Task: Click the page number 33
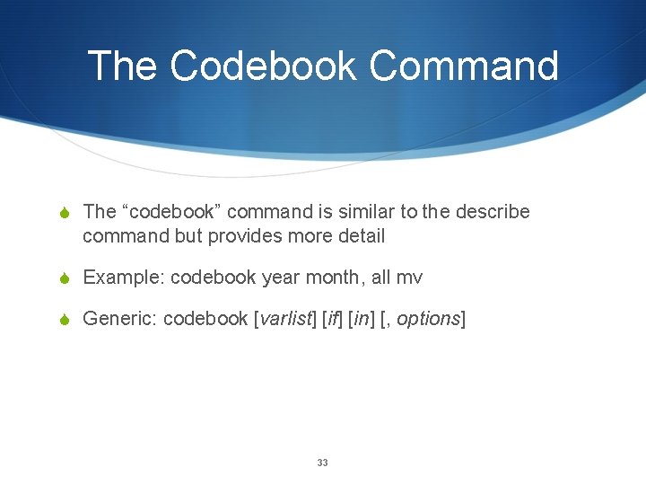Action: click(x=323, y=463)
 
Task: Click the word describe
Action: click(x=493, y=212)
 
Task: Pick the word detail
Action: click(x=360, y=236)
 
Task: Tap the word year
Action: click(x=280, y=278)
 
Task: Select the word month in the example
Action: click(x=334, y=278)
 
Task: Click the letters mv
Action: click(x=410, y=278)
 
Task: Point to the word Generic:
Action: click(x=120, y=319)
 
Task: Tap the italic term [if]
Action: click(x=331, y=319)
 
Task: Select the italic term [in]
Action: click(x=361, y=319)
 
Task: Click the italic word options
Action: click(x=427, y=319)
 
